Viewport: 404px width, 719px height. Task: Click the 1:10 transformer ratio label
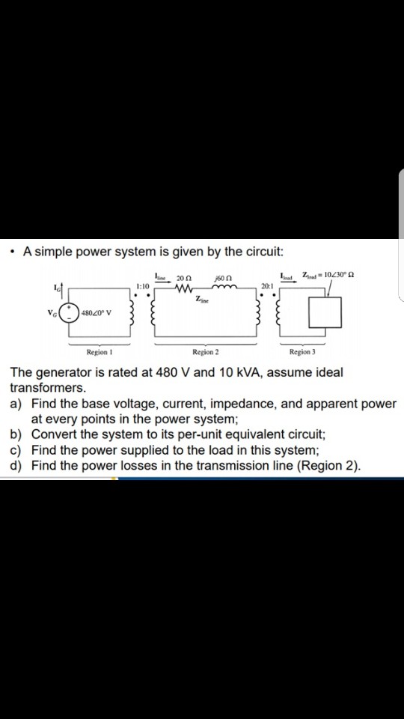(144, 285)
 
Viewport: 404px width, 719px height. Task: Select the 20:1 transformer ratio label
(268, 285)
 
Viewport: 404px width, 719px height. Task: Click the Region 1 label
(98, 351)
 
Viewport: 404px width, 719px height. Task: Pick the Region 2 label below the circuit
(206, 351)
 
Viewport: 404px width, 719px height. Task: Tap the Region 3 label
(303, 351)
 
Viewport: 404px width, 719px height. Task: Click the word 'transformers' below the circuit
(48, 389)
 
